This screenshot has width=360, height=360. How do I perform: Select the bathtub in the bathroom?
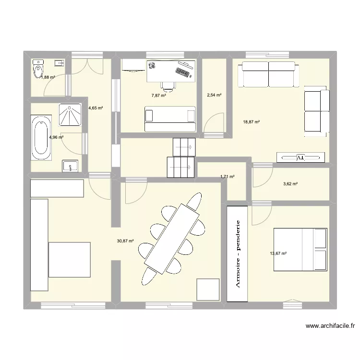41,138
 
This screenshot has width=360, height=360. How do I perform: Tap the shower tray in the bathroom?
70,115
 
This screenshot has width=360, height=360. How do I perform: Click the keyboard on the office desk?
183,72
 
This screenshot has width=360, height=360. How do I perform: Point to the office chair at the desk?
168,85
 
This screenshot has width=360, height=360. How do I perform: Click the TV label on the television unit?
300,157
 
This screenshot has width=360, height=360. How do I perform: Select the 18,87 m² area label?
252,122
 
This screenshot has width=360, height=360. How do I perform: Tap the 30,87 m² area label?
125,241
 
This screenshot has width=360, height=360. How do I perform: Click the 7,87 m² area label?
159,96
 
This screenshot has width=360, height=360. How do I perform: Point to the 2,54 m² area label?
214,95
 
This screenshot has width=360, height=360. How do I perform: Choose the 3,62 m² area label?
290,184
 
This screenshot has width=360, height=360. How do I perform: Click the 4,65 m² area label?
96,108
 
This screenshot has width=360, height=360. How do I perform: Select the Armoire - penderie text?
238,254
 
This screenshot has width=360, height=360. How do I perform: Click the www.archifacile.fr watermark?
330,325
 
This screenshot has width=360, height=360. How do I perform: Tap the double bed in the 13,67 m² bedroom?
300,250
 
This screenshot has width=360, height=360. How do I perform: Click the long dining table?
172,239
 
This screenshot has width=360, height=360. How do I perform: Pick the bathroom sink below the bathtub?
70,166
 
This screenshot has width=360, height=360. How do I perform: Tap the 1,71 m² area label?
228,177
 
